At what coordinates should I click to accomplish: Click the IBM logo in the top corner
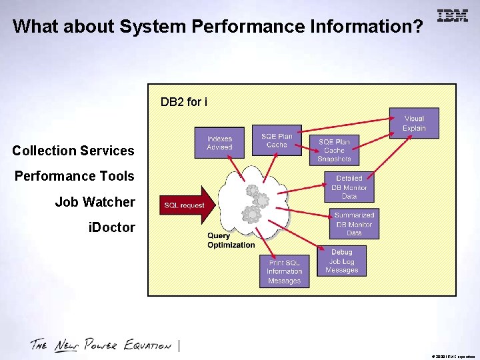(x=453, y=16)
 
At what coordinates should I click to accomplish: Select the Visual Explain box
(x=414, y=123)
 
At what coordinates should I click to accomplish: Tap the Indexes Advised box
(x=219, y=143)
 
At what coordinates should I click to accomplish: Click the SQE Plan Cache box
(x=277, y=141)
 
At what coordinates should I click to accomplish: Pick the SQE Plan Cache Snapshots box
(x=334, y=151)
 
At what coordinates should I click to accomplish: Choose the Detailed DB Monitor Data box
(x=349, y=187)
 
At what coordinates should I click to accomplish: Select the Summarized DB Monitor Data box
(x=354, y=224)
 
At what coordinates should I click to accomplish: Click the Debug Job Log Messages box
(x=342, y=261)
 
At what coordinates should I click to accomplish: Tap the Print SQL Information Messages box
(x=284, y=271)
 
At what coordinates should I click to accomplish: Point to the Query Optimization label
(x=231, y=240)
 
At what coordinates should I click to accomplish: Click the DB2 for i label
(x=184, y=102)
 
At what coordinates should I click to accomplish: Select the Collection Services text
(x=73, y=151)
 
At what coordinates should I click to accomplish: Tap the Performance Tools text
(x=75, y=176)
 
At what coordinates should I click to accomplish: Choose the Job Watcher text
(x=95, y=202)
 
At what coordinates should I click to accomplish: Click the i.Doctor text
(x=111, y=227)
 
